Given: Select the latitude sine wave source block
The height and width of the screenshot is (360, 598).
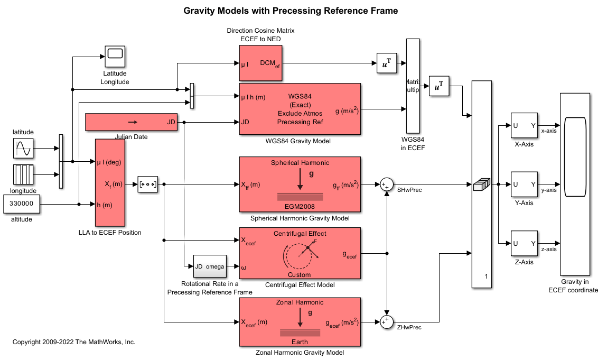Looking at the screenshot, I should point(24,149).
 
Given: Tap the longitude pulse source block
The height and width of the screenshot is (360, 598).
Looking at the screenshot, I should point(24,174).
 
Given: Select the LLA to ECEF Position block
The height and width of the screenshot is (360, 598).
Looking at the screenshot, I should point(109,182).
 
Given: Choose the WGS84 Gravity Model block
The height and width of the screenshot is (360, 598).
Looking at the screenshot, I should point(300,109).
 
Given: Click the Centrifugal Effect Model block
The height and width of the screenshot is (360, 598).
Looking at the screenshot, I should point(300,254).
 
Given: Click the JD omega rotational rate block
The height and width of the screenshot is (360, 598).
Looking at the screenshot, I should point(209,266).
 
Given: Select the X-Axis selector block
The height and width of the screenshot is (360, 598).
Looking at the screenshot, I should point(524,125).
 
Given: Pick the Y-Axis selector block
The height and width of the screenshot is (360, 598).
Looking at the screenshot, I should point(524,184).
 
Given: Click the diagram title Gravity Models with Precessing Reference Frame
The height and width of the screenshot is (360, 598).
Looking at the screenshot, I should point(291,11).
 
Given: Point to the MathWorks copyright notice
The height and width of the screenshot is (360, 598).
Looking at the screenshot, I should point(74,342).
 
